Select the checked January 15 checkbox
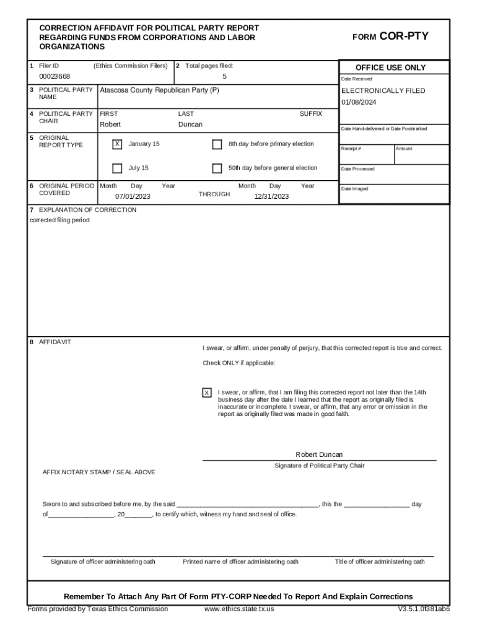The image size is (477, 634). (x=117, y=144)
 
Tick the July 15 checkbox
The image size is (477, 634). (x=117, y=168)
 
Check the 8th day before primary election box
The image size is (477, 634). (x=217, y=144)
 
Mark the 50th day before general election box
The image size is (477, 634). (x=217, y=168)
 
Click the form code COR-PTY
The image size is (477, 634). (x=403, y=37)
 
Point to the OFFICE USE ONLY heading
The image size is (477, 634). (x=390, y=67)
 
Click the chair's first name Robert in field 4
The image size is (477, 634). (x=110, y=124)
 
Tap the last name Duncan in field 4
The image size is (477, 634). (x=190, y=124)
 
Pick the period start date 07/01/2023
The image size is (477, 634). (x=133, y=196)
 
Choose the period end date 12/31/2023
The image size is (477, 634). (x=271, y=196)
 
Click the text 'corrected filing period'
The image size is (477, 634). (x=59, y=220)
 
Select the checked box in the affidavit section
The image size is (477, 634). (x=207, y=393)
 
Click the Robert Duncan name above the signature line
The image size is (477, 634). (x=319, y=454)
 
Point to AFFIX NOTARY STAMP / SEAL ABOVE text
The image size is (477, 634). (x=99, y=472)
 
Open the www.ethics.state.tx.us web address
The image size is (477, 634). (x=239, y=609)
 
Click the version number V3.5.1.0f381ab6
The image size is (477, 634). (x=424, y=609)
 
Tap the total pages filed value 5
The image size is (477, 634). (x=225, y=76)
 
